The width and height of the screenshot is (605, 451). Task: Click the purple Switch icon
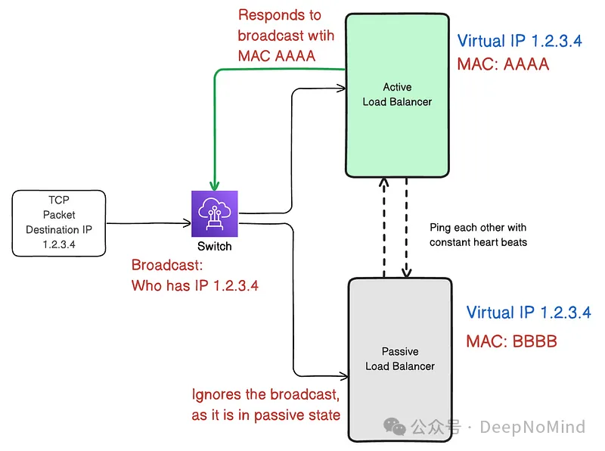pyautogui.click(x=214, y=215)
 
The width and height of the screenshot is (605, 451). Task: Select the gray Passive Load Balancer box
pyautogui.click(x=399, y=359)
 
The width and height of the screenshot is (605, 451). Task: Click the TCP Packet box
pyautogui.click(x=59, y=222)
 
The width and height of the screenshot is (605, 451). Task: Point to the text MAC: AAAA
pyautogui.click(x=503, y=64)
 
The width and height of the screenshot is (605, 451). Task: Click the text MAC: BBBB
pyautogui.click(x=512, y=341)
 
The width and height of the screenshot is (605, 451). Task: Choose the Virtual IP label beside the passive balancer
pyautogui.click(x=529, y=312)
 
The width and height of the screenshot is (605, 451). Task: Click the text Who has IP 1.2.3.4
pyautogui.click(x=195, y=285)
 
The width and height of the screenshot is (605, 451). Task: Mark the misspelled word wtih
pyautogui.click(x=319, y=36)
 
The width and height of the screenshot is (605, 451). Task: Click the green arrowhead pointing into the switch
pyautogui.click(x=214, y=185)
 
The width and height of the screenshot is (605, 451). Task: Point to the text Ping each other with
pyautogui.click(x=478, y=227)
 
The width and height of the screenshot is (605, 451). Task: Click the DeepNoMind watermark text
pyautogui.click(x=532, y=428)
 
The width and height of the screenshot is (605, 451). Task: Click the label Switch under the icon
pyautogui.click(x=215, y=247)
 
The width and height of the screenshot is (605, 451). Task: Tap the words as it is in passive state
pyautogui.click(x=265, y=415)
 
